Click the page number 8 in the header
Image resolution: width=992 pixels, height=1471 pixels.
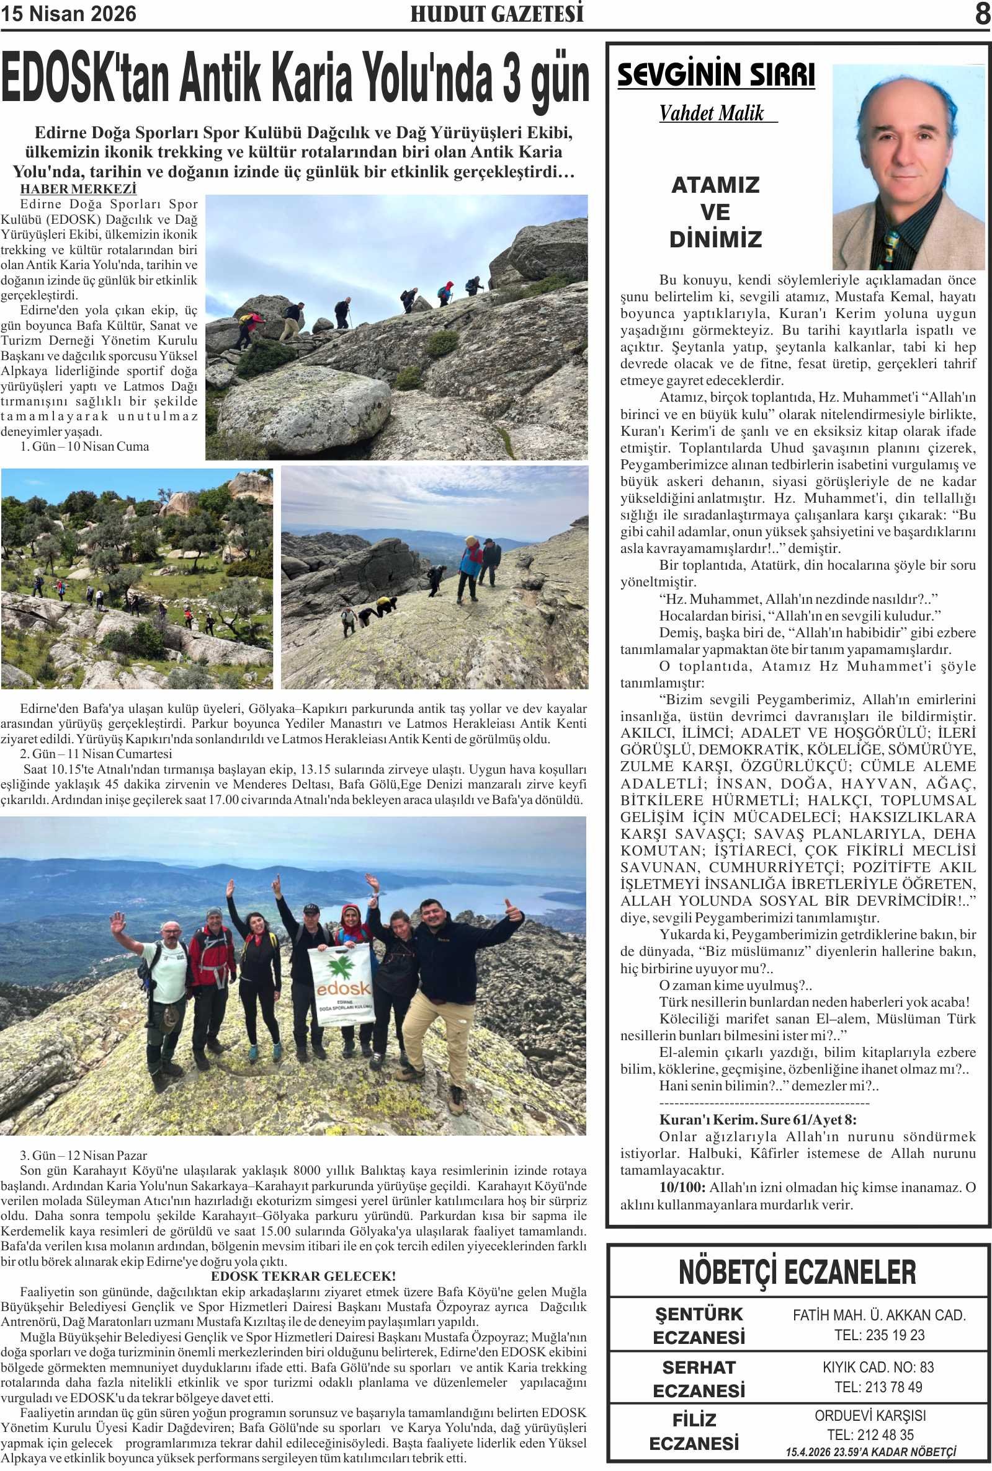981,14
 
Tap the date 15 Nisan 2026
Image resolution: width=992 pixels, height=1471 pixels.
68,14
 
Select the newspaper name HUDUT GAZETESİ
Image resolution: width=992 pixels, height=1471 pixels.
497,14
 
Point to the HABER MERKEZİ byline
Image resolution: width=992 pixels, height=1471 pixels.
78,188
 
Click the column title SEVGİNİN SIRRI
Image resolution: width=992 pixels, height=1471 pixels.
715,74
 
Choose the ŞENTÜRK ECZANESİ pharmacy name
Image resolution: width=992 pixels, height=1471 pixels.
699,1325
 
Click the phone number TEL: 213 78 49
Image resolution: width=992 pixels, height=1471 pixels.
878,1387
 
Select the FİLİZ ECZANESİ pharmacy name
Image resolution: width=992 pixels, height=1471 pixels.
694,1432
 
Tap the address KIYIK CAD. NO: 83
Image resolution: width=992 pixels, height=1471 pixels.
878,1367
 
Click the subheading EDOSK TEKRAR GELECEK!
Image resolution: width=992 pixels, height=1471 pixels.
303,1276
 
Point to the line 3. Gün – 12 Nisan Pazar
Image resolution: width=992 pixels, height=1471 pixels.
83,1155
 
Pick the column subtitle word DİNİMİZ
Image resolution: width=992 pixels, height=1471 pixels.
715,239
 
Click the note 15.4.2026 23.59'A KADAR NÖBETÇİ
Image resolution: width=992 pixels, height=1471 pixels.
870,1452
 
